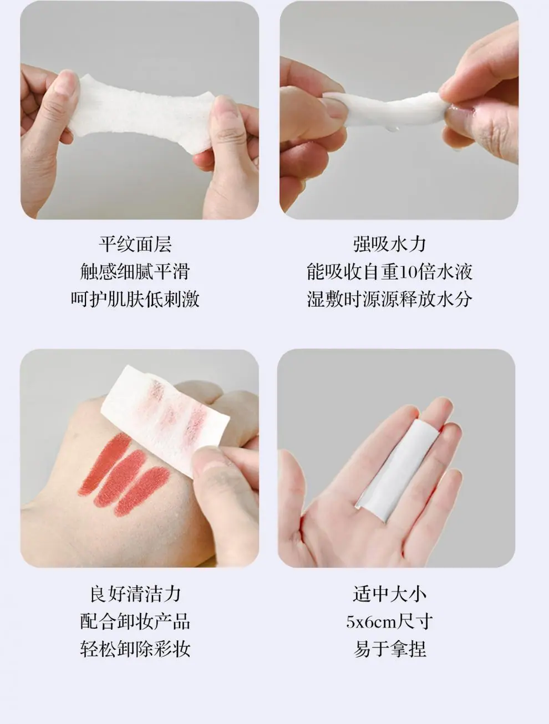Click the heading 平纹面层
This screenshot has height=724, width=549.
135,244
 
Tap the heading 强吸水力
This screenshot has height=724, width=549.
390,244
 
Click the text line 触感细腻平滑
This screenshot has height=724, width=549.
135,272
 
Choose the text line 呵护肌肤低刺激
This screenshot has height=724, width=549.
135,299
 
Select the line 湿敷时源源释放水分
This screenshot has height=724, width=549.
390,299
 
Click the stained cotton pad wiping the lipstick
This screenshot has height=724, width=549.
165,419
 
